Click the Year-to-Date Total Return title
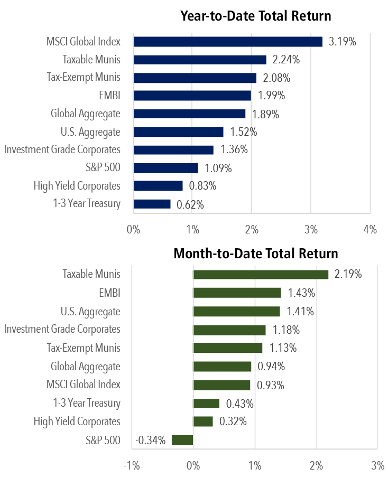point(256,16)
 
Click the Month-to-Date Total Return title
point(256,254)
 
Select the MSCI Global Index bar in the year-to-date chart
point(228,42)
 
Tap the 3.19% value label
point(342,42)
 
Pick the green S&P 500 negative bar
point(182,440)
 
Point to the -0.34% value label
point(151,440)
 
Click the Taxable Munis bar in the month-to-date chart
point(261,275)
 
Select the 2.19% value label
point(347,275)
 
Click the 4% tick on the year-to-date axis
point(370,229)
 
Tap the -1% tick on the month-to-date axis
point(131,465)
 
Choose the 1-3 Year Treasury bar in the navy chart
point(152,204)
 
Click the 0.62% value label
point(190,204)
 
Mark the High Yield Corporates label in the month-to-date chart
point(77,421)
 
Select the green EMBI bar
point(237,293)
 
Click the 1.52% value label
point(243,132)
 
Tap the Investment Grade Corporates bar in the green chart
point(229,330)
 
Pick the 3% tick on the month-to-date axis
point(377,465)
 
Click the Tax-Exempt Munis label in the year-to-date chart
point(84,77)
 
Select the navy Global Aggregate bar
point(189,114)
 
